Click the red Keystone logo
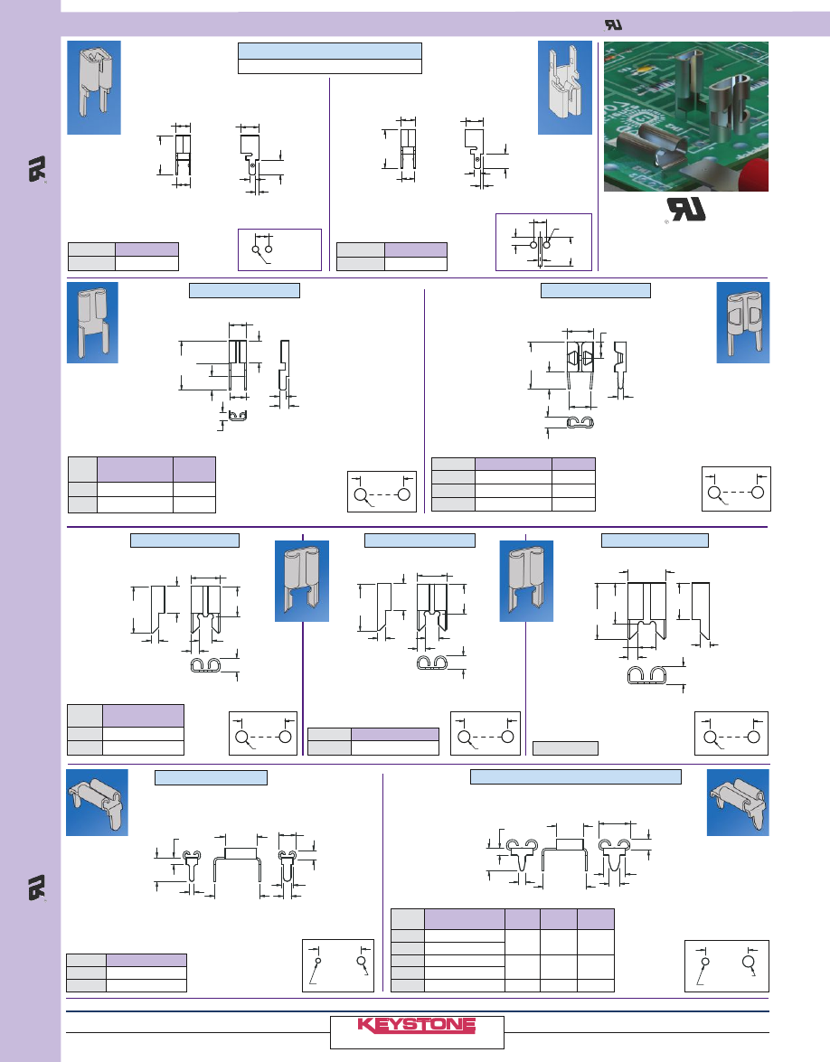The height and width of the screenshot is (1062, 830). coord(416,1025)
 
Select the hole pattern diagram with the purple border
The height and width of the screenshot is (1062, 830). coord(543,241)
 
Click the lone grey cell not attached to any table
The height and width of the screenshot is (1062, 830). coord(565,747)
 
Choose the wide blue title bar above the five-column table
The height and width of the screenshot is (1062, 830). coord(576,776)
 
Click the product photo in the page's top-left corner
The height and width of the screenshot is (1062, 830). coord(93,88)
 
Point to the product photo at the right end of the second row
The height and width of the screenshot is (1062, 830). coord(743,323)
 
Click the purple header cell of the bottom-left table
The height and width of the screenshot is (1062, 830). coord(146,961)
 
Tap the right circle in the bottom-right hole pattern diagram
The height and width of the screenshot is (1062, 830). coord(747,962)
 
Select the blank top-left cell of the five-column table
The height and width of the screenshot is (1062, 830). coord(408,918)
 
